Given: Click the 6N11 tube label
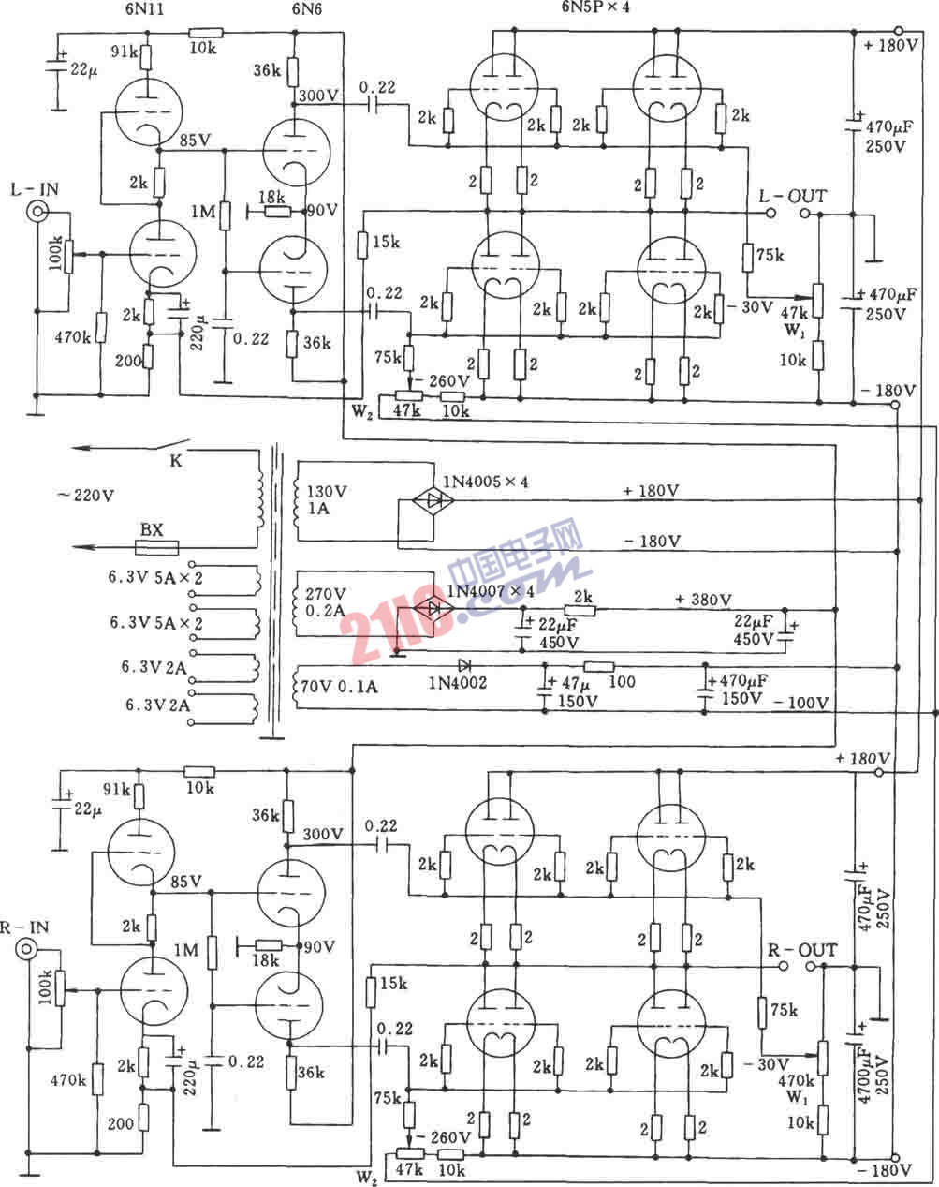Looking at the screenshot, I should [x=138, y=11].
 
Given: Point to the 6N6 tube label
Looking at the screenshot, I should [x=291, y=11].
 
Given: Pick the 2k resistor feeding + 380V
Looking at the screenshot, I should [x=582, y=608].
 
